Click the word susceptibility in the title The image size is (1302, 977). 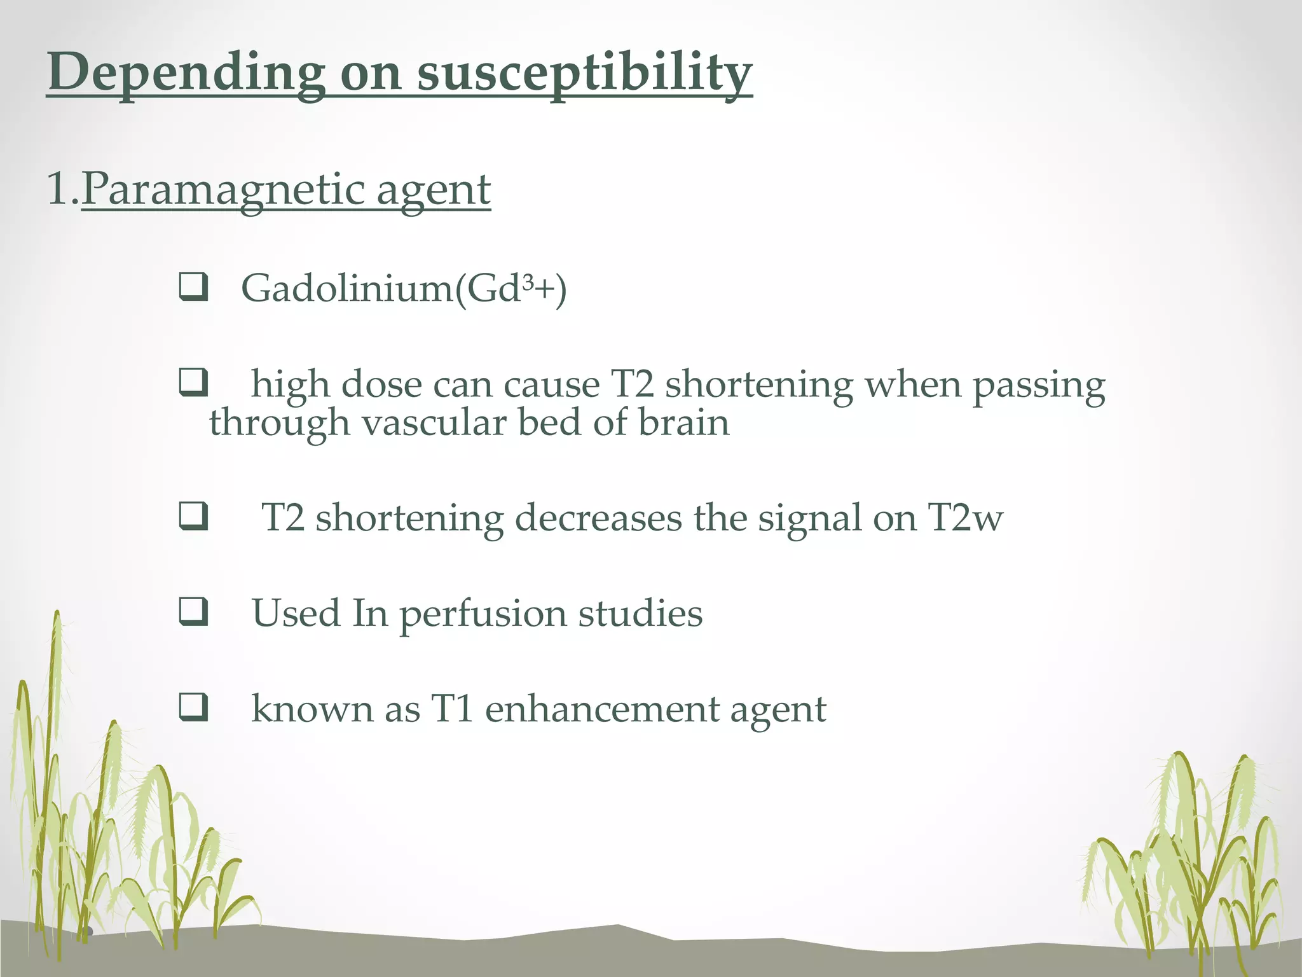tap(584, 73)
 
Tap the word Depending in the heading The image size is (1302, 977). tap(186, 73)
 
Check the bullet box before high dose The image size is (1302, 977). tap(193, 383)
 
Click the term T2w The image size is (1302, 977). tap(965, 518)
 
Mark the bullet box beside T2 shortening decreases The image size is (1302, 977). tap(193, 516)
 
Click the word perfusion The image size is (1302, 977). tap(483, 614)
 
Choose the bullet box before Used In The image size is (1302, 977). tap(193, 612)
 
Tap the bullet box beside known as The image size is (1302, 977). tap(193, 707)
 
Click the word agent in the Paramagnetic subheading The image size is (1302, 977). tap(433, 191)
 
